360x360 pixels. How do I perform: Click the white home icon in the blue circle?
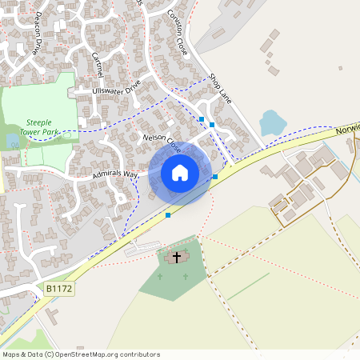[x=180, y=172]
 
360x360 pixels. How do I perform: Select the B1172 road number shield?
[x=59, y=287]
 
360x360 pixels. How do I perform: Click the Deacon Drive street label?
[x=36, y=38]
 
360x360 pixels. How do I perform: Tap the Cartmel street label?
[x=98, y=63]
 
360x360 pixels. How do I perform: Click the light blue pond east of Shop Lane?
[x=273, y=122]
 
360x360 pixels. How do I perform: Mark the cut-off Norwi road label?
[x=348, y=127]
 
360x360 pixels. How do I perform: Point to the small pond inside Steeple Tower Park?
[x=11, y=142]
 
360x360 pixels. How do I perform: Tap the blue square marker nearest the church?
[x=168, y=215]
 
